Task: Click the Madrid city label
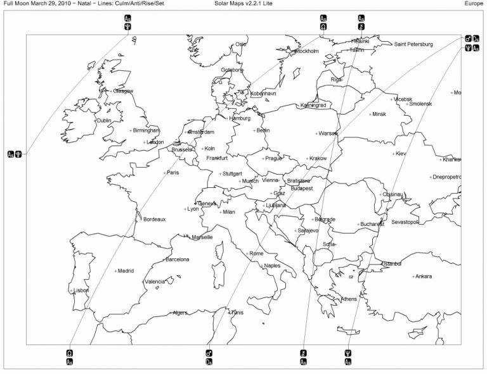[x=126, y=271]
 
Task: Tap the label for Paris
[x=172, y=172]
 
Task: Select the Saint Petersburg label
[x=413, y=44]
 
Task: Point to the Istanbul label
[x=392, y=263]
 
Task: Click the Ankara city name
[x=423, y=277]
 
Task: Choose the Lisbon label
[x=81, y=290]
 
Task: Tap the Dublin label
[x=103, y=120]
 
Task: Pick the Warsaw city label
[x=328, y=134]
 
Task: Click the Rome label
[x=256, y=253]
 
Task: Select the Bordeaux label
[x=154, y=220]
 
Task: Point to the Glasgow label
[x=123, y=91]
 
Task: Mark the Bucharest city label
[x=372, y=224]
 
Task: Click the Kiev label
[x=401, y=154]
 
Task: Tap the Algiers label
[x=180, y=313]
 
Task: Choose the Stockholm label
[x=307, y=51]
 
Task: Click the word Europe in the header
[x=474, y=3]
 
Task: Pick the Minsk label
[x=379, y=115]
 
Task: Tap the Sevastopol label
[x=405, y=222]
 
